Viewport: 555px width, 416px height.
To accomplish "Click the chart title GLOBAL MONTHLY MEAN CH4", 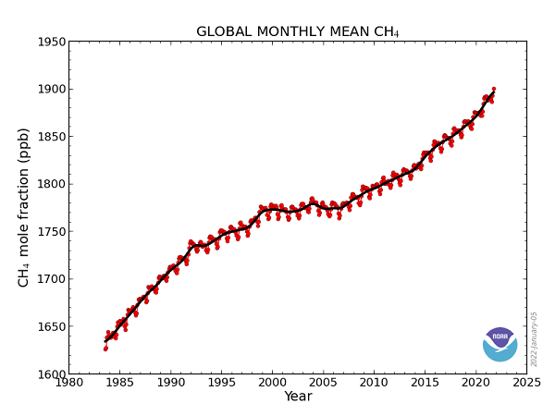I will (298, 31).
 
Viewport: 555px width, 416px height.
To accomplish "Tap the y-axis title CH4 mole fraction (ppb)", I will (25, 208).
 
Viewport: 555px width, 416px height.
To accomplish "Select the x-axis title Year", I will (298, 397).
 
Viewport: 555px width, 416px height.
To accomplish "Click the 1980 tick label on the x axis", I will (68, 382).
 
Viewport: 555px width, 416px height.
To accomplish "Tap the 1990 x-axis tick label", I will (170, 382).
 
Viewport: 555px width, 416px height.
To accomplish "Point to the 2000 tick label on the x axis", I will (272, 382).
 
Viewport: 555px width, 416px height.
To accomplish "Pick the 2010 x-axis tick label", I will (374, 382).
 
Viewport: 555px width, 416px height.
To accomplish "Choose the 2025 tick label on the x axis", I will (526, 382).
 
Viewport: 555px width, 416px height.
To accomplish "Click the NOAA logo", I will (500, 344).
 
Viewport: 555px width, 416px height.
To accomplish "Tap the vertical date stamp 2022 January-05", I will (535, 338).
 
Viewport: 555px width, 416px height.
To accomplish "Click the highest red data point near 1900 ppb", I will (493, 89).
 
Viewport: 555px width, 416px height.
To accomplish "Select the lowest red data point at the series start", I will (105, 349).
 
